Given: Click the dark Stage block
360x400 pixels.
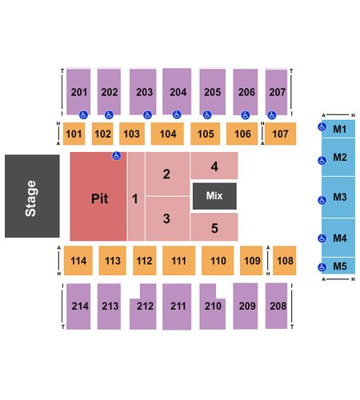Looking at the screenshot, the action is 32,196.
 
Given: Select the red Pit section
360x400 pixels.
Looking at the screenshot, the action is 98,197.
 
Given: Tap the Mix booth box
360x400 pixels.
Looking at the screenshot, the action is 214,196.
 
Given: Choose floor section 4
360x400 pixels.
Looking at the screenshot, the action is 214,166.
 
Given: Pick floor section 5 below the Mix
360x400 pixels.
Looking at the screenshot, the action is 214,227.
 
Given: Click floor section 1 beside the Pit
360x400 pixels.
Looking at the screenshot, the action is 136,197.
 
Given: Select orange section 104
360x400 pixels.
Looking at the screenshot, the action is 167,134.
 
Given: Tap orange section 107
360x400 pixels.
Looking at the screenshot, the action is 280,134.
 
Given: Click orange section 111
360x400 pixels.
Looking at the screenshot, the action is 178,260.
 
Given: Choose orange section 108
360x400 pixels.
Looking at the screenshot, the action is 285,260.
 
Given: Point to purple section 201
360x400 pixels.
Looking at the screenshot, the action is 78,92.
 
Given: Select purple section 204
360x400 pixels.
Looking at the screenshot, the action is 177,91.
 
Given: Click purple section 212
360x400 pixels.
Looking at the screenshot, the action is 143,306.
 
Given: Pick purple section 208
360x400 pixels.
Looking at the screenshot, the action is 276,306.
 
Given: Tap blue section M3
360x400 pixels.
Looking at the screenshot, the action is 338,197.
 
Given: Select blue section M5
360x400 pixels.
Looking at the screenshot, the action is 338,266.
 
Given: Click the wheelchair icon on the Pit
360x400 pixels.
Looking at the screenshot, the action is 117,156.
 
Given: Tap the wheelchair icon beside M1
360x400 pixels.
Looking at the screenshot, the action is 322,126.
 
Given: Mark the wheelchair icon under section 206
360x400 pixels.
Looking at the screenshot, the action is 246,115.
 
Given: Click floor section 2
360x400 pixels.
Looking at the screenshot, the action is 167,174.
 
